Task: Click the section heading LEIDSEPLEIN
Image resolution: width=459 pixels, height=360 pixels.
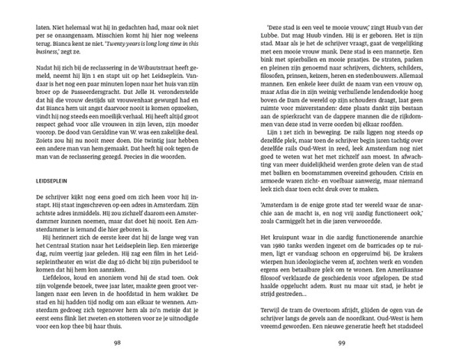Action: click(54, 183)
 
